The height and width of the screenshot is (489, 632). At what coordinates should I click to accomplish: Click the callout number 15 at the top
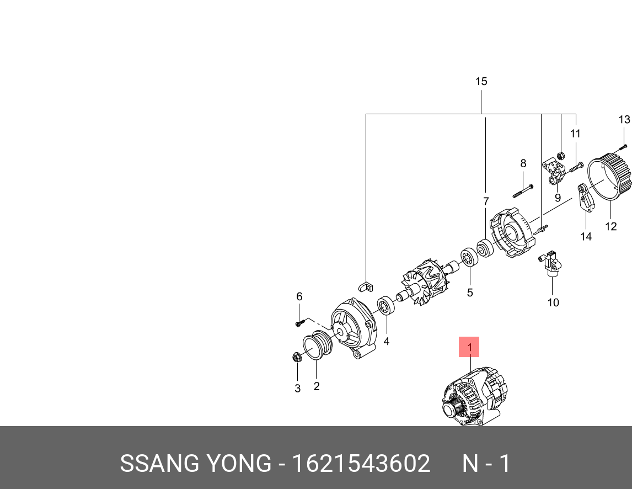(x=481, y=82)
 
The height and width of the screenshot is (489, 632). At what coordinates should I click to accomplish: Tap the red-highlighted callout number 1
(x=469, y=347)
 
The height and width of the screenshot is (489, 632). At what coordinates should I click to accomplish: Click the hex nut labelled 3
(x=296, y=357)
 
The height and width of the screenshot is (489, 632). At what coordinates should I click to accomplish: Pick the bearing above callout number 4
(x=385, y=305)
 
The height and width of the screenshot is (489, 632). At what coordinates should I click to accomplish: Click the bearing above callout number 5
(x=469, y=258)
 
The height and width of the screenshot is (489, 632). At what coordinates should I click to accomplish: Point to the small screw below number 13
(x=623, y=146)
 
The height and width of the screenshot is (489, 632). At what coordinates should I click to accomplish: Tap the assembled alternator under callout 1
(x=474, y=397)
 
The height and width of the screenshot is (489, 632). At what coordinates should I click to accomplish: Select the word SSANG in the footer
(x=152, y=464)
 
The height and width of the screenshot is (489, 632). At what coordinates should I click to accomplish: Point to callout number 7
(x=486, y=201)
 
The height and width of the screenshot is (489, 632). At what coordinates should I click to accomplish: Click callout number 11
(x=575, y=134)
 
